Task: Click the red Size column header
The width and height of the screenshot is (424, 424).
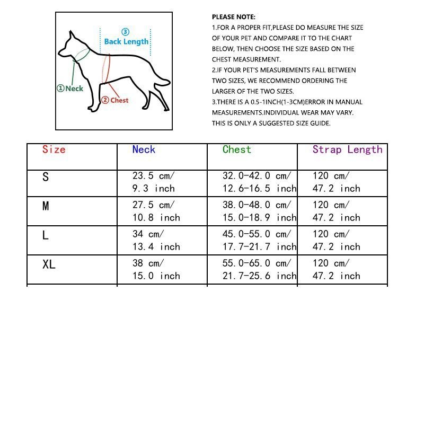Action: pyautogui.click(x=54, y=150)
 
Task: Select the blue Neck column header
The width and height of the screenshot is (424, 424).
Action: pyautogui.click(x=144, y=150)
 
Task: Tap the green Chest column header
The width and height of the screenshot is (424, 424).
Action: pyautogui.click(x=237, y=150)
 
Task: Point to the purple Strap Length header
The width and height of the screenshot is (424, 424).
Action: pyautogui.click(x=347, y=150)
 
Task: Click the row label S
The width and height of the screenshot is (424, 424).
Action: pyautogui.click(x=46, y=178)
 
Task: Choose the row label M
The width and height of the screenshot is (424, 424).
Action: pyautogui.click(x=46, y=206)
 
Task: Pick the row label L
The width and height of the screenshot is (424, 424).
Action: pyautogui.click(x=46, y=235)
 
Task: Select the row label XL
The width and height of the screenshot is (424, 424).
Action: pyautogui.click(x=49, y=264)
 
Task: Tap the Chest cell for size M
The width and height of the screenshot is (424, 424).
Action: pyautogui.click(x=259, y=211)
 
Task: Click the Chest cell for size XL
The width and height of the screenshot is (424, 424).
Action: pyautogui.click(x=259, y=269)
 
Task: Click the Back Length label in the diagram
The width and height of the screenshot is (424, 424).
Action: pyautogui.click(x=126, y=41)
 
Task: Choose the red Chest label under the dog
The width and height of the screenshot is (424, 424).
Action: pyautogui.click(x=116, y=100)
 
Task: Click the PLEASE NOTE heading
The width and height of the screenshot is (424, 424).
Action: pyautogui.click(x=234, y=17)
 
